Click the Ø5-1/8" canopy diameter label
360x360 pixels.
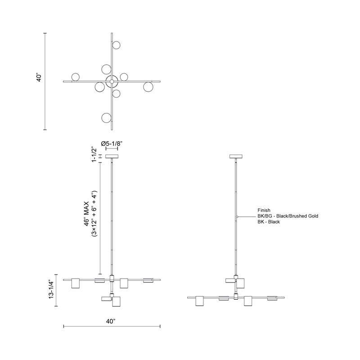(x=112, y=144)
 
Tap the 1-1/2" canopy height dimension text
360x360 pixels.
(x=94, y=154)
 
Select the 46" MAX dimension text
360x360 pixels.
(x=87, y=214)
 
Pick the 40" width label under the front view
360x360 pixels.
(x=111, y=321)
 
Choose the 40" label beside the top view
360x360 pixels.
(x=39, y=77)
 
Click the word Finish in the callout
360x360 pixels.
(x=264, y=210)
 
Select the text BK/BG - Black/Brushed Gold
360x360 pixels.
(x=288, y=216)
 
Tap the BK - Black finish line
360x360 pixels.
(x=269, y=222)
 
